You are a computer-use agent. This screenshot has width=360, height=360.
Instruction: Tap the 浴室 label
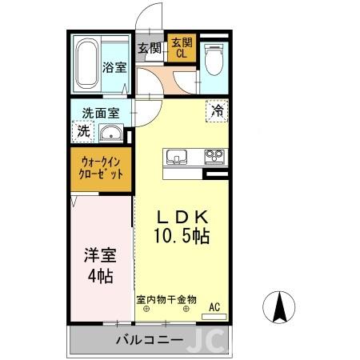[x=114, y=67]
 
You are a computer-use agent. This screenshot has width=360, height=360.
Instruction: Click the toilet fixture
[x=214, y=60]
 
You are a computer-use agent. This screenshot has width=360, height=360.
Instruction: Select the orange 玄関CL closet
[x=181, y=50]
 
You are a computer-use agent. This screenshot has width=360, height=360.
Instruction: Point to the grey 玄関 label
[x=150, y=48]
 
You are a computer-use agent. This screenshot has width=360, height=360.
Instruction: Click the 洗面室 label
[x=97, y=113]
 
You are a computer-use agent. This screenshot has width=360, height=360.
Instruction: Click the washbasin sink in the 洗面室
[x=113, y=134]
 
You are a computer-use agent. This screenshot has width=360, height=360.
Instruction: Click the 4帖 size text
[x=101, y=276]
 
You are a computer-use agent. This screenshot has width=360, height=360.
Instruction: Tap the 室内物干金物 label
[x=166, y=298]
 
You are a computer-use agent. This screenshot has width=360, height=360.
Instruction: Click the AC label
[x=214, y=306]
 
